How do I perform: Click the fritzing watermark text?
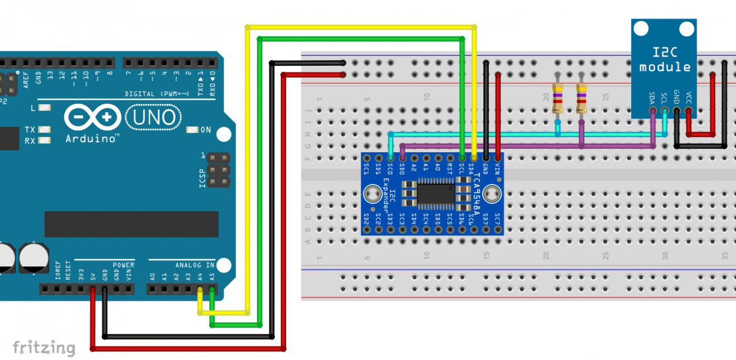tap(43, 348)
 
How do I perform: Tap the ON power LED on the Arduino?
tap(192, 130)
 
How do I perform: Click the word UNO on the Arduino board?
tap(154, 118)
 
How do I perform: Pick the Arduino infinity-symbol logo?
tap(93, 118)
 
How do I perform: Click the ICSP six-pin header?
tap(219, 170)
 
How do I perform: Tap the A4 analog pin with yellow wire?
tap(200, 289)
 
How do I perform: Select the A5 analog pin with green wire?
tap(211, 289)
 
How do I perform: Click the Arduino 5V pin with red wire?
tap(93, 289)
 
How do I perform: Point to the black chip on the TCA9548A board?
tap(433, 194)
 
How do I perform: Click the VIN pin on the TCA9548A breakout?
tap(498, 158)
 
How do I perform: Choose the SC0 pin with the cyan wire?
tap(390, 158)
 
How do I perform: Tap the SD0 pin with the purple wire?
tap(402, 158)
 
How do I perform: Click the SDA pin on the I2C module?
tap(652, 110)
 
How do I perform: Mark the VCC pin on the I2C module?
tap(689, 110)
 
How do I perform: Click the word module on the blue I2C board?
tap(665, 67)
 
